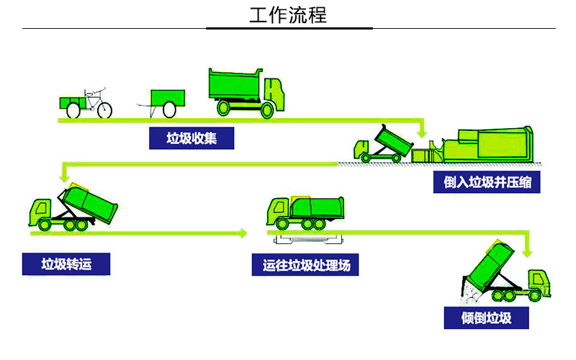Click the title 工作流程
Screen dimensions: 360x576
288,15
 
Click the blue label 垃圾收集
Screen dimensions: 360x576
192,138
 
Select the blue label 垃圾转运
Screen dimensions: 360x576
66,264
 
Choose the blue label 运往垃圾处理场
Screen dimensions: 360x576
305,265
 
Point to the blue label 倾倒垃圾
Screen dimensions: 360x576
487,318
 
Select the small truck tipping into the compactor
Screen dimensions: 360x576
382,143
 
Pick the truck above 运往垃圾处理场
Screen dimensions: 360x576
305,212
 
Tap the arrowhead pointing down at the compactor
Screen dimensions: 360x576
423,134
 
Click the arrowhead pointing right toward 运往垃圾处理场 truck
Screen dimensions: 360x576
243,233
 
